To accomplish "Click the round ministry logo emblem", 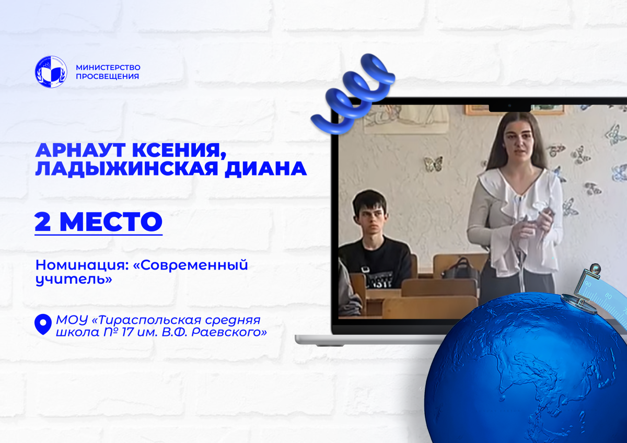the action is pos(51,72).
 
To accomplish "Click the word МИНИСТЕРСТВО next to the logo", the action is pos(108,67).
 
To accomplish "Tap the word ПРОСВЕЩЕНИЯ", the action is pos(108,76).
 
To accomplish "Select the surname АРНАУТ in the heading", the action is pos(80,150).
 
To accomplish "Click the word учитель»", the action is pos(74,279).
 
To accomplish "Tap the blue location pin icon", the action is pos(43,324).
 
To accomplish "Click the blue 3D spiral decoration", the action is pos(353,94).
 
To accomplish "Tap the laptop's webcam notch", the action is pos(510,108).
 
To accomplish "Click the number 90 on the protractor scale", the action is pos(588,285).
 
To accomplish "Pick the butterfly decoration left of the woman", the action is pos(433,164).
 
